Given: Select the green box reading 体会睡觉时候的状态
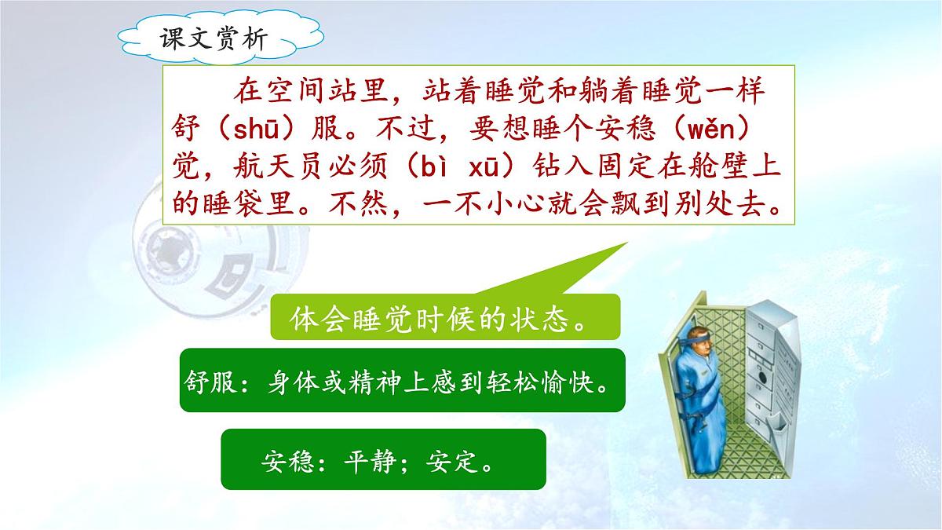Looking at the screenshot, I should click(445, 318).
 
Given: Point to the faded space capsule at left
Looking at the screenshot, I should click(188, 259).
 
